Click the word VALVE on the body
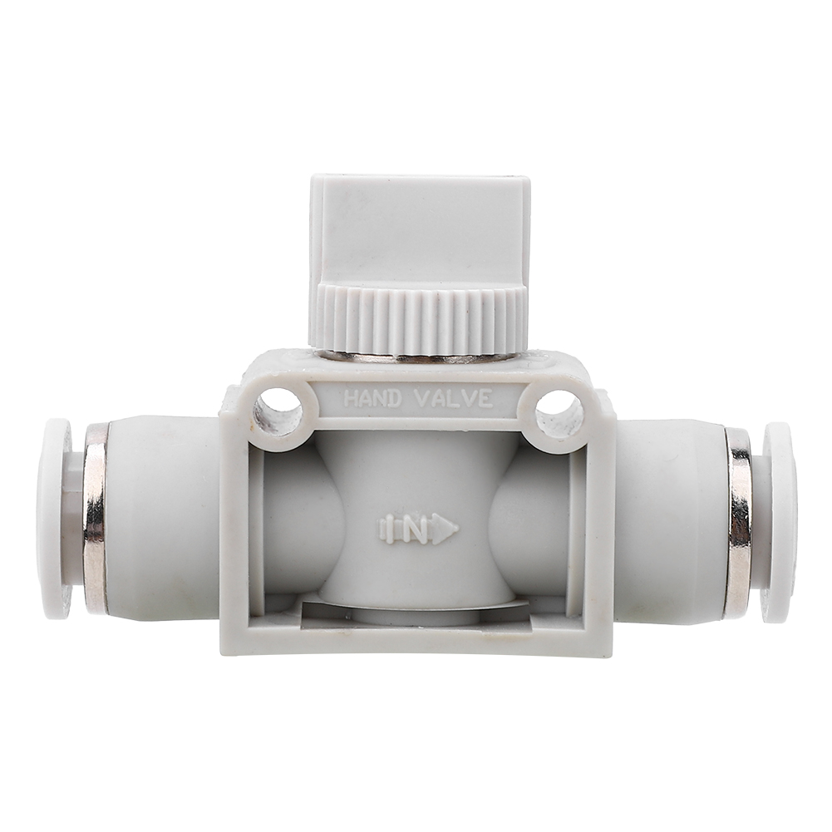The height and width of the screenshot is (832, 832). (453, 398)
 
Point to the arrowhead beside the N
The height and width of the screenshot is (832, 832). (445, 529)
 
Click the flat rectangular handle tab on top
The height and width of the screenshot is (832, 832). (421, 231)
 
